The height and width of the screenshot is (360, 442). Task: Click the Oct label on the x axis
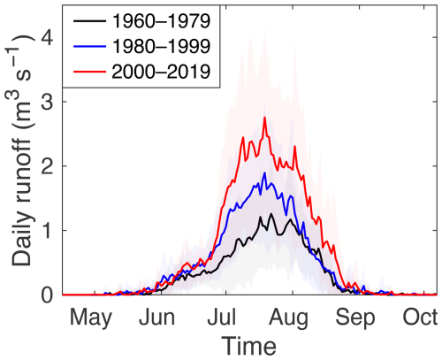tap(419, 317)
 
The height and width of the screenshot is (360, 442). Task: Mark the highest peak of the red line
tap(264, 118)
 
